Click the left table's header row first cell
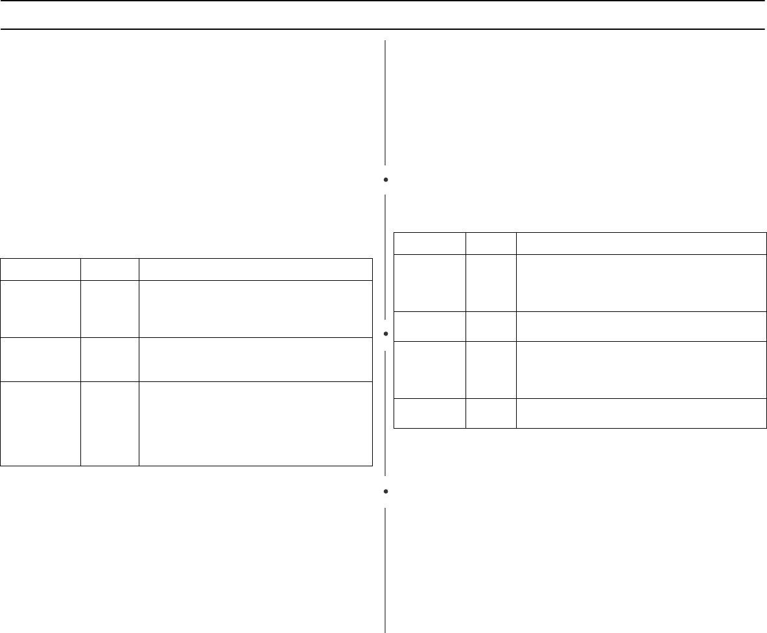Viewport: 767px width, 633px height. tap(40, 269)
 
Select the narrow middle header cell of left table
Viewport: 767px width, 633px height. tap(110, 269)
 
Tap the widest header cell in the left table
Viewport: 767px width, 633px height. tap(255, 269)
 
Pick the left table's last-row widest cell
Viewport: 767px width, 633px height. tap(255, 424)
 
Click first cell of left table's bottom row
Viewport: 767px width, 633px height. tap(40, 424)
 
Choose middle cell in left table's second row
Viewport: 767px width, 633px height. tap(110, 308)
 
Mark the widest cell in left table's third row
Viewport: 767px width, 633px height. tap(255, 359)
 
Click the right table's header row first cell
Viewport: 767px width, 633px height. tap(430, 243)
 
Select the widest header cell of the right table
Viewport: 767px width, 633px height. tap(641, 243)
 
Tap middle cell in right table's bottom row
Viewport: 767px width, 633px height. tap(491, 413)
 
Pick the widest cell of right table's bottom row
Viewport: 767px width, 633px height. tap(641, 413)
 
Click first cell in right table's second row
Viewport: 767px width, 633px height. tap(430, 283)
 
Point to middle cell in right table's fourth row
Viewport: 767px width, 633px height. tap(491, 370)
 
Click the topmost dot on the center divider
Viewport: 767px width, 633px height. tap(385, 178)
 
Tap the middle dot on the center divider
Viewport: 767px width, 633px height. tap(385, 334)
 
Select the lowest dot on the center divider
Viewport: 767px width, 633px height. tap(385, 492)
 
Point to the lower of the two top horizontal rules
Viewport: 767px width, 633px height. tap(383, 29)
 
